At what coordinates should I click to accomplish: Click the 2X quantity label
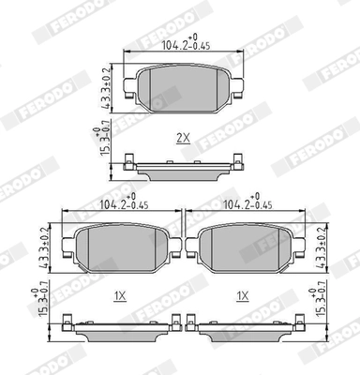coord(183,138)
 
